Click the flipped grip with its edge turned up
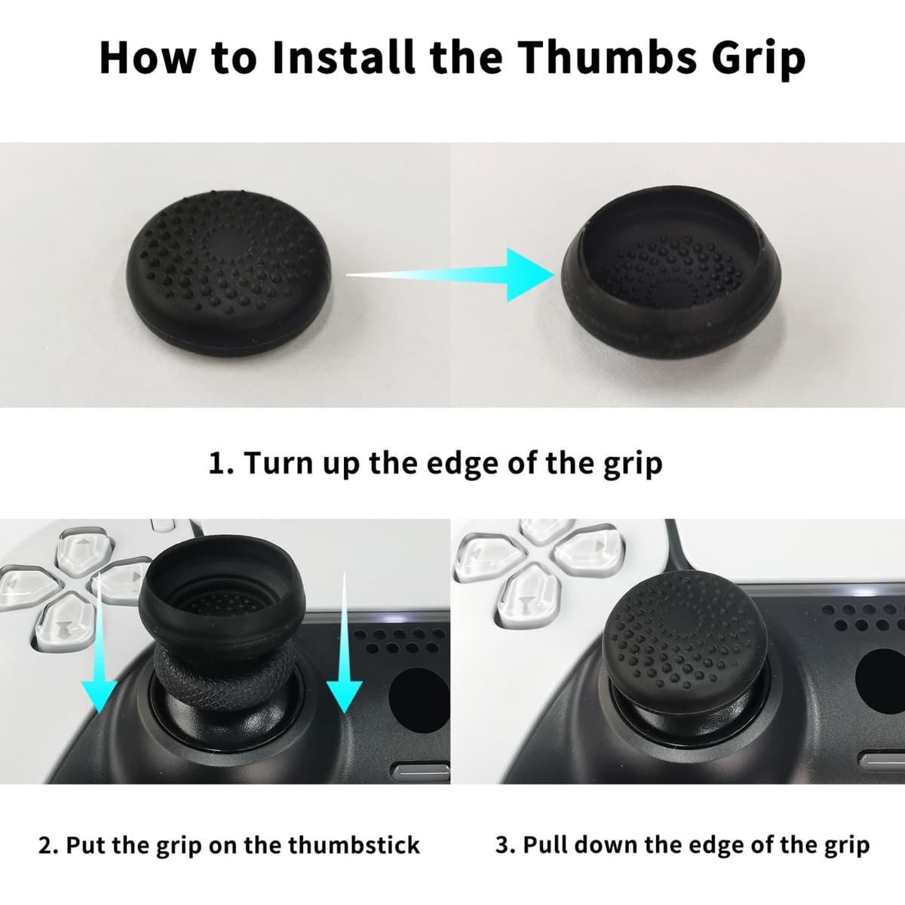[670, 271]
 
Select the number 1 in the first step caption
[217, 463]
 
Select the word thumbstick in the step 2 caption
[354, 845]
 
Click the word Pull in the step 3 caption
[545, 845]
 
